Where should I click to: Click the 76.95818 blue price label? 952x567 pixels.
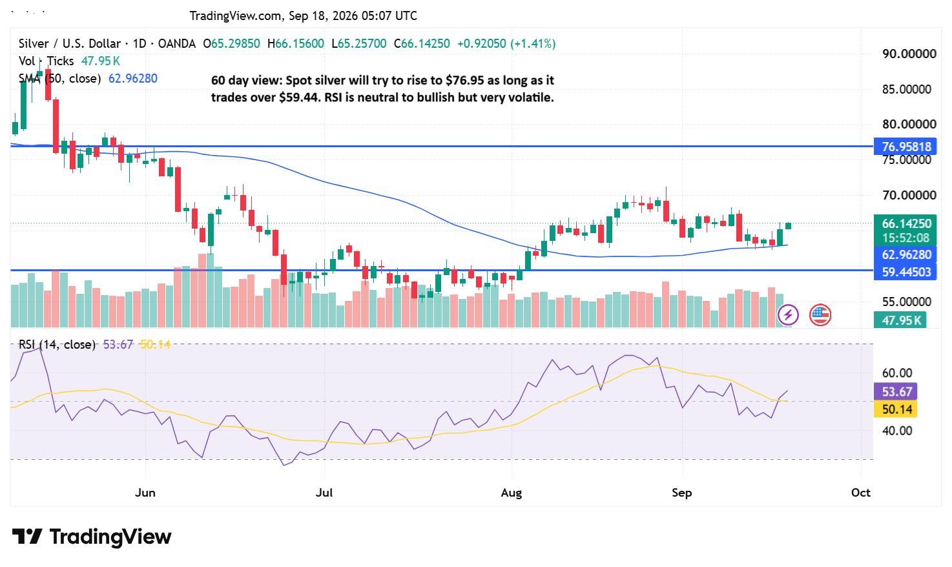905,147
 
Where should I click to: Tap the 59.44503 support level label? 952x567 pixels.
905,272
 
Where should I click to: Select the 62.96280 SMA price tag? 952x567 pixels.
905,254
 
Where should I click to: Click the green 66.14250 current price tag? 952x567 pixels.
905,223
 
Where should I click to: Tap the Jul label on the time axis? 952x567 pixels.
324,493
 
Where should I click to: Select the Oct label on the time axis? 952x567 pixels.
861,493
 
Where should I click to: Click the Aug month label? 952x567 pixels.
512,493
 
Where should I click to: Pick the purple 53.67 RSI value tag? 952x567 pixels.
895,391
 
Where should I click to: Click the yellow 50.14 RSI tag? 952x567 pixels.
895,409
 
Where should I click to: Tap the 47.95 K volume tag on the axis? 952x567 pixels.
900,320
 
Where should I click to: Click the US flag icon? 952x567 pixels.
820,315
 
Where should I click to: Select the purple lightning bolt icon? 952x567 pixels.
788,315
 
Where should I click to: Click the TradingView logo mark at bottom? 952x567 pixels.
26,537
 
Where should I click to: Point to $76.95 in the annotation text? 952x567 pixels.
466,80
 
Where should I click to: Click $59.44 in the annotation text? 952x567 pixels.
299,98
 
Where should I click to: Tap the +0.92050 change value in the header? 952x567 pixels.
482,44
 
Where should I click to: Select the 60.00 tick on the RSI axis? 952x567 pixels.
897,373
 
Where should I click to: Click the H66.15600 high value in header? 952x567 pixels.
296,44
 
